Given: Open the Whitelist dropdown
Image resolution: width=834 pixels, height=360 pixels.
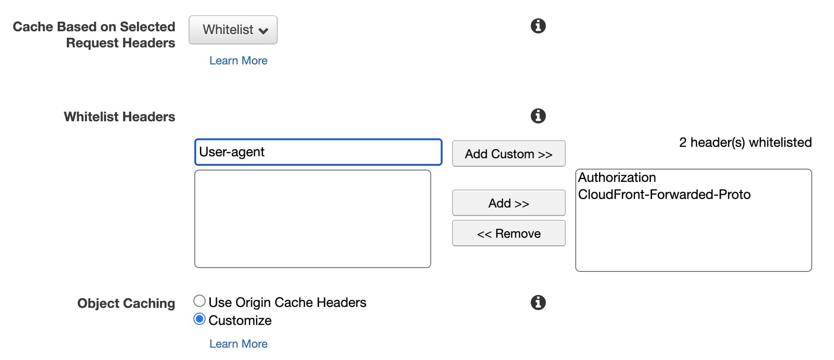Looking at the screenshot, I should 233,30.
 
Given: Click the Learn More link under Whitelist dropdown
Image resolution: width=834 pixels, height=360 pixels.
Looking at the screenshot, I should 238,61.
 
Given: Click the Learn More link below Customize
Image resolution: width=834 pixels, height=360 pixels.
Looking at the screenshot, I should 238,344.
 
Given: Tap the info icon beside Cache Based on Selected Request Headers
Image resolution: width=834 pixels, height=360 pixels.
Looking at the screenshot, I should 538,26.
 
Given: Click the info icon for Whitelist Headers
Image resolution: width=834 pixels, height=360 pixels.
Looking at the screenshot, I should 538,116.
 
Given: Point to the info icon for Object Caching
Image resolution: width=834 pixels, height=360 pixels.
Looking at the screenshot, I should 538,302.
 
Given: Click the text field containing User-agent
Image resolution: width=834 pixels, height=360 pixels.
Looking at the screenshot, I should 318,152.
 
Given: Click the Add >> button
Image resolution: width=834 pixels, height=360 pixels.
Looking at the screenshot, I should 508,203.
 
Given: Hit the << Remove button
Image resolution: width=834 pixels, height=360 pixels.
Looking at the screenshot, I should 508,234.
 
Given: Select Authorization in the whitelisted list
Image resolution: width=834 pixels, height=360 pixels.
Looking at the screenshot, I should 617,178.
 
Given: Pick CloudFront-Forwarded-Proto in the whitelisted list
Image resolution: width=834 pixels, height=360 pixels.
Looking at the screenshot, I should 664,195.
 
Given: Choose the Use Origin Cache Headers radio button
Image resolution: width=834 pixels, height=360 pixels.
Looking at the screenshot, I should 199,301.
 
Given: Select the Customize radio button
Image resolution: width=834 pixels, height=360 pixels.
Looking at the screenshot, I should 199,320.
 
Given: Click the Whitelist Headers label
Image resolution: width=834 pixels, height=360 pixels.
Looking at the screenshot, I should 119,117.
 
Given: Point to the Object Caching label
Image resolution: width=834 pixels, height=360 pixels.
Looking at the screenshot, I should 126,303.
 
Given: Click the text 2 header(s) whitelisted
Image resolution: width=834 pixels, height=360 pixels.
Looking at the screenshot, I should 745,143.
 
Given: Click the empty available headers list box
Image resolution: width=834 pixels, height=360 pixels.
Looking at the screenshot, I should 312,219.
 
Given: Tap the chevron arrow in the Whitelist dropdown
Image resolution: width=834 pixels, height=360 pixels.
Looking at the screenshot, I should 263,31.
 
